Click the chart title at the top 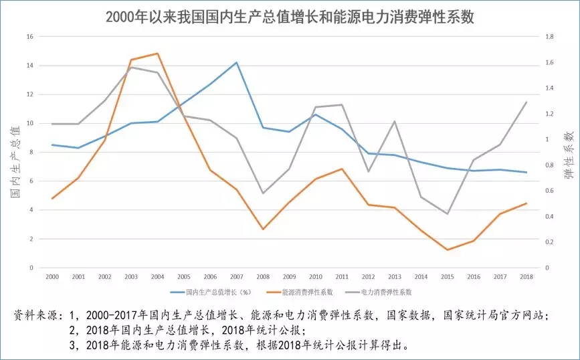coord(290,16)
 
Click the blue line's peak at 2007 coord(237,62)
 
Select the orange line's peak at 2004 coord(157,54)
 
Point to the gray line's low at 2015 coord(447,214)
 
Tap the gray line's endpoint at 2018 coord(527,102)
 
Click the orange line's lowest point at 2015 coord(447,250)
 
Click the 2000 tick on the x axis coord(52,276)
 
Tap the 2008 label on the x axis coord(264,276)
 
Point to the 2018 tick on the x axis coord(527,276)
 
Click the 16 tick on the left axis coord(29,37)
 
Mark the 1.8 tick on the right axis coord(551,37)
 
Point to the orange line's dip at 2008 coord(264,230)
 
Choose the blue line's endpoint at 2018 coord(527,173)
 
